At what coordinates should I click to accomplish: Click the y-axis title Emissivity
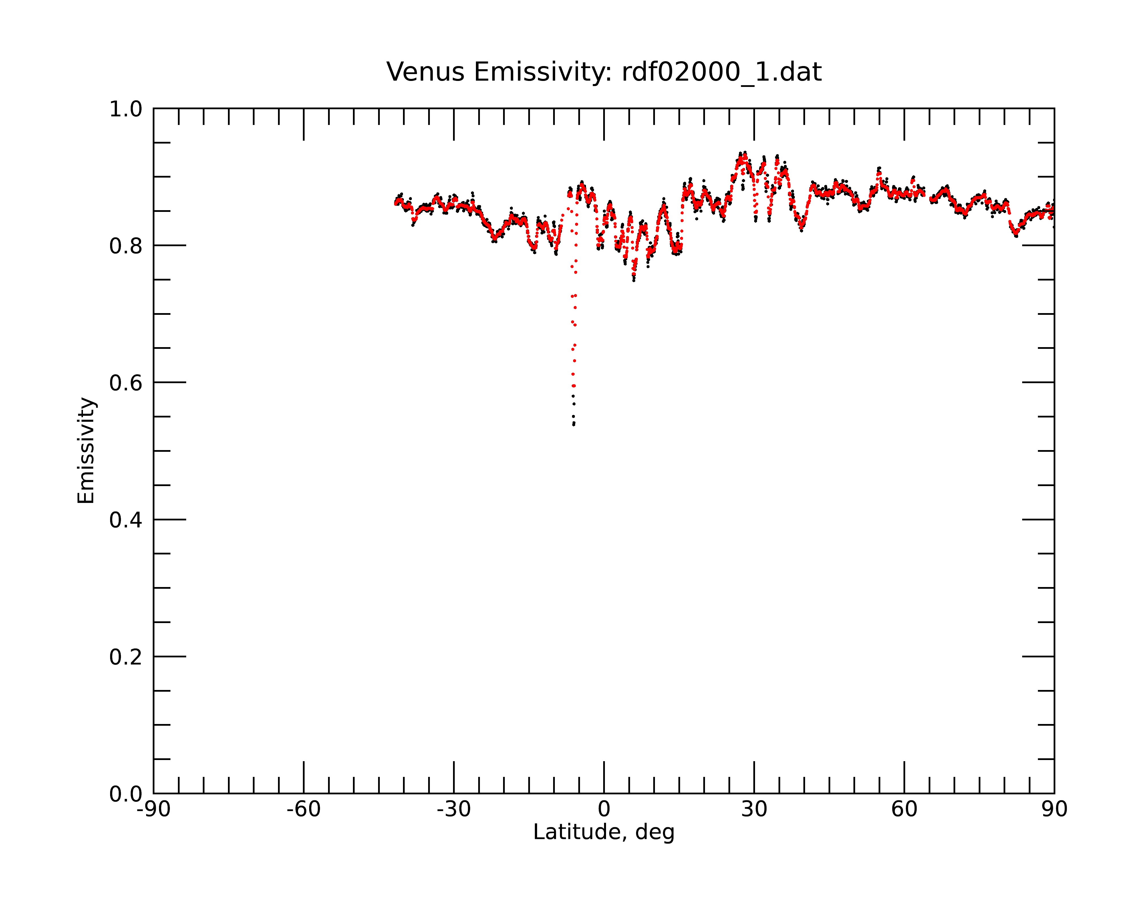86,451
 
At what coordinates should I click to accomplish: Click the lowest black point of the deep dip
574,425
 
